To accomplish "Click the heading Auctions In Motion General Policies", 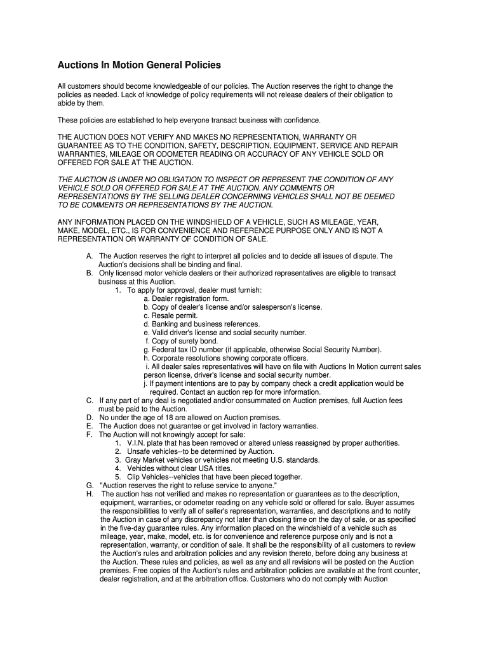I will point(139,65).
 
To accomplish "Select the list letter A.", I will point(89,256).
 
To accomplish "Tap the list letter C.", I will point(89,401).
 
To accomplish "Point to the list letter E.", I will point(89,426).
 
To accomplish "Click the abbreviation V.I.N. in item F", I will point(139,443).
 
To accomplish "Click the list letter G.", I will point(89,486).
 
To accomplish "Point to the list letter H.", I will point(89,494).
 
